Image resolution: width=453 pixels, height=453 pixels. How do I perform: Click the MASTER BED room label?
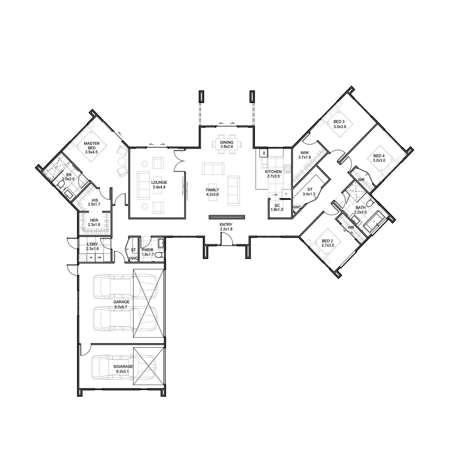pyautogui.click(x=92, y=148)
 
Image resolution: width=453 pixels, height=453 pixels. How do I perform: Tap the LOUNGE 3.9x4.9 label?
pyautogui.click(x=159, y=185)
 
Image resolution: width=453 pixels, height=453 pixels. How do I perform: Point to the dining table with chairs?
pyautogui.click(x=227, y=144)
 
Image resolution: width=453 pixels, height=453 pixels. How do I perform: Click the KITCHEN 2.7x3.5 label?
pyautogui.click(x=273, y=174)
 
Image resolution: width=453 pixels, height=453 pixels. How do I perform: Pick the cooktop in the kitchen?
pyautogui.click(x=287, y=169)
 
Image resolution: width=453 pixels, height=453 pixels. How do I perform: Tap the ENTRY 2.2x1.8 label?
pyautogui.click(x=226, y=226)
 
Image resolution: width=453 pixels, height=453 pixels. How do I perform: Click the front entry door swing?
pyautogui.click(x=226, y=238)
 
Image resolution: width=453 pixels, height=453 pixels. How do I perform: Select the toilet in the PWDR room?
pyautogui.click(x=160, y=255)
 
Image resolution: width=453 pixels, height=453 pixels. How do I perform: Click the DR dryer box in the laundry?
pyautogui.click(x=99, y=258)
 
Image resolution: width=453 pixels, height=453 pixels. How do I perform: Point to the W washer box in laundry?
pyautogui.click(x=91, y=258)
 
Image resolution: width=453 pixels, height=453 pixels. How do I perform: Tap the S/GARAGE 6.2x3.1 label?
pyautogui.click(x=123, y=369)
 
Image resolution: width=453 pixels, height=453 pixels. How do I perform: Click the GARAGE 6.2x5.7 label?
pyautogui.click(x=121, y=304)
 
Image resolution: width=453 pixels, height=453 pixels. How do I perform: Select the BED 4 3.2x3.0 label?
pyautogui.click(x=379, y=158)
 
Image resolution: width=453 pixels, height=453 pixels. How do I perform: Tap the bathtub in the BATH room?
pyautogui.click(x=374, y=222)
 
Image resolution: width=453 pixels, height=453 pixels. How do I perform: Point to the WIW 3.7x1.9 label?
pyautogui.click(x=305, y=155)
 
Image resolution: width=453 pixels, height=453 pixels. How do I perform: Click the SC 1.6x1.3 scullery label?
pyautogui.click(x=277, y=207)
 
